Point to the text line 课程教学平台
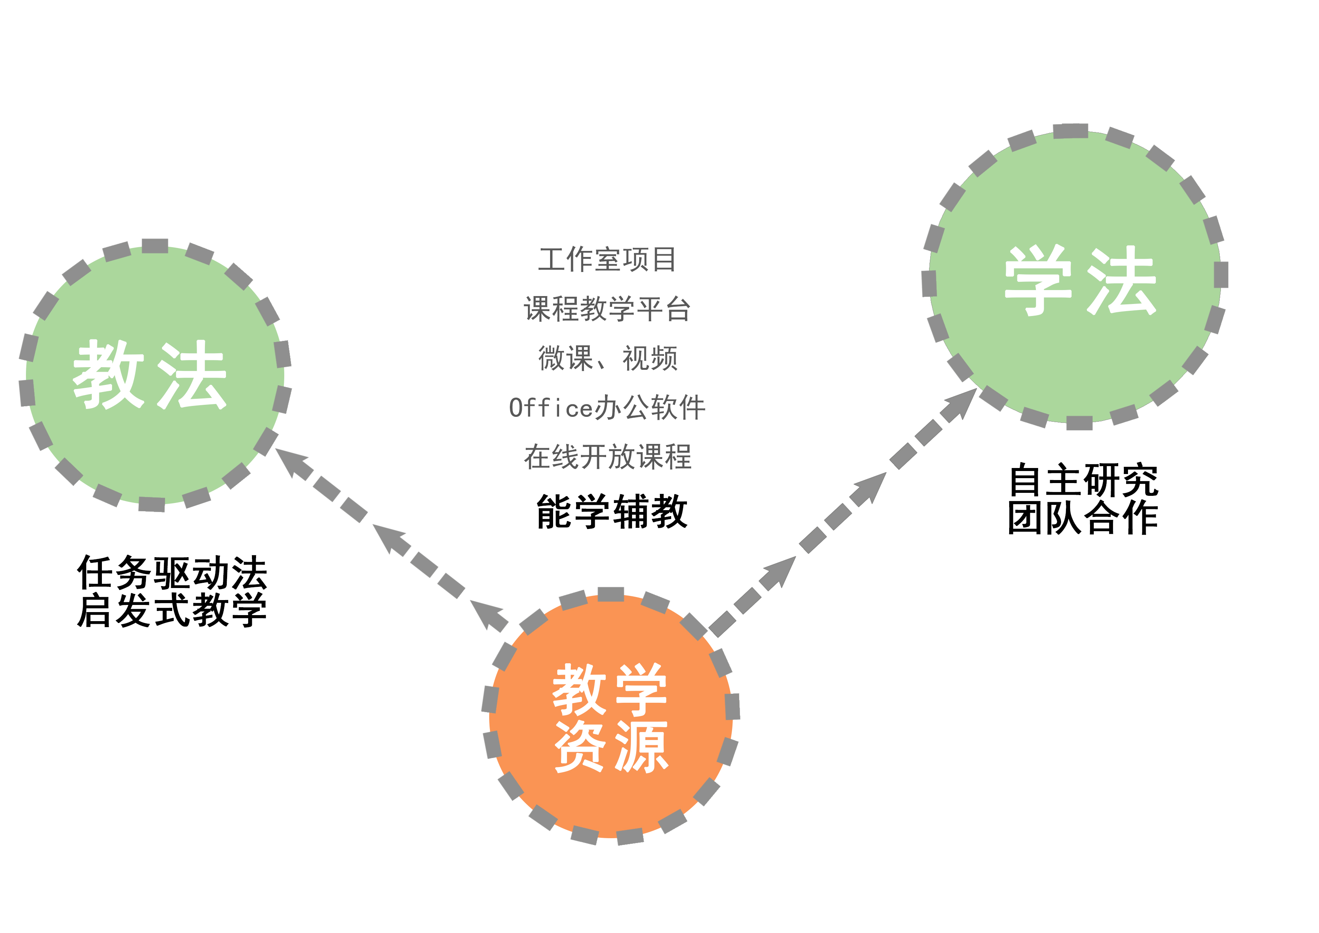point(607,309)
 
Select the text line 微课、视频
point(607,358)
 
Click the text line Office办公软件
point(607,407)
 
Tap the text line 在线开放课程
point(607,457)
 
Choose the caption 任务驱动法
point(172,573)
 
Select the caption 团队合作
point(1084,517)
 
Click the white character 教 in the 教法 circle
point(108,374)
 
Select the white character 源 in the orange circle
point(641,747)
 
